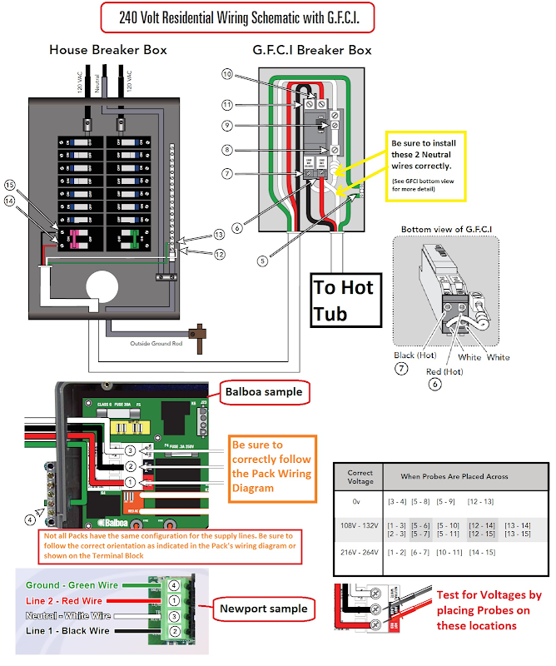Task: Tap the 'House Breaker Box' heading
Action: pos(107,50)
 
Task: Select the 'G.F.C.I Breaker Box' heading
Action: pos(312,50)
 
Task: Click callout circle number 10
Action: pos(227,75)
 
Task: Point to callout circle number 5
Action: pos(262,260)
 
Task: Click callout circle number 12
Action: pos(219,254)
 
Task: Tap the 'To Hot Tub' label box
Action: pos(344,300)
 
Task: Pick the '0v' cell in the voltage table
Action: pos(357,502)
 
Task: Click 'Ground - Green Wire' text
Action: pos(72,585)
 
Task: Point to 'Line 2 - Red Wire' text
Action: pos(66,601)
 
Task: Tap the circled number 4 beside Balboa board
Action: pos(31,520)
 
